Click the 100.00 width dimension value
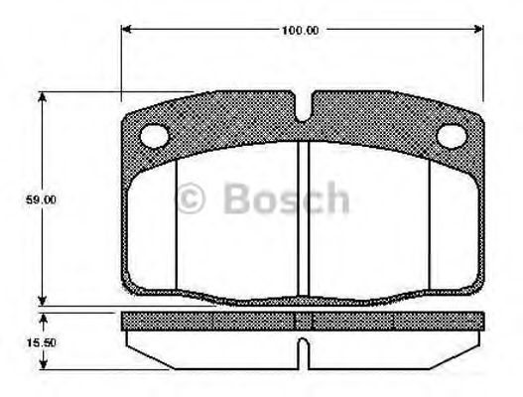pos(299,30)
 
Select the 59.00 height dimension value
pos(41,199)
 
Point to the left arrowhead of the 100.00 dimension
pos(127,30)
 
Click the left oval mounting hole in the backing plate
pos(155,136)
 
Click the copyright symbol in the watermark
pos(191,199)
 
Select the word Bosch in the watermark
pos(286,199)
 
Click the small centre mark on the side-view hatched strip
pos(304,320)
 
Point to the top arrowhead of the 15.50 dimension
pos(42,318)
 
